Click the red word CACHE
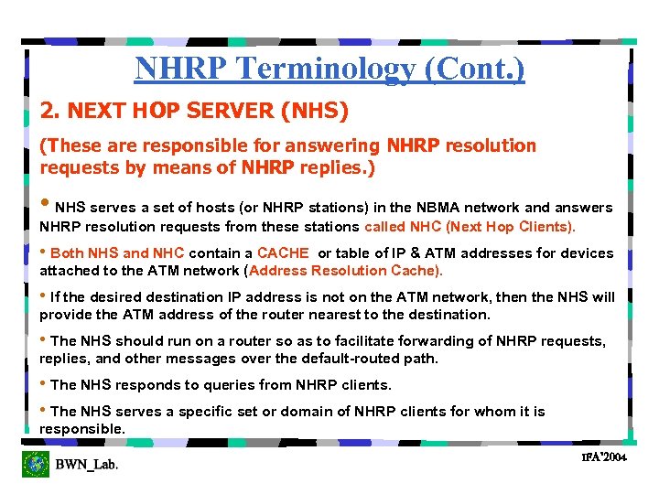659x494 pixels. click(x=283, y=253)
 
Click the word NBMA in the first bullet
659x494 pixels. click(x=436, y=208)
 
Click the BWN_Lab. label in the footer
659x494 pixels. click(x=87, y=465)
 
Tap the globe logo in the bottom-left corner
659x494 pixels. click(x=36, y=464)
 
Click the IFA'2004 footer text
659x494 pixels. click(x=603, y=456)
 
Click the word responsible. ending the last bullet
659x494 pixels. click(x=81, y=429)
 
